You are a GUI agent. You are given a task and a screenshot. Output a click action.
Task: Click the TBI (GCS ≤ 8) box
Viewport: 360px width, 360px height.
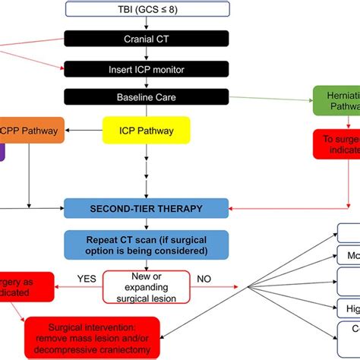pyautogui.click(x=146, y=9)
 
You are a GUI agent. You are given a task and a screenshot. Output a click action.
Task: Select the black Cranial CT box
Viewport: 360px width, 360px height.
pyautogui.click(x=146, y=38)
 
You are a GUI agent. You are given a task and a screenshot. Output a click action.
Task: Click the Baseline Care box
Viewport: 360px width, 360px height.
pyautogui.click(x=146, y=97)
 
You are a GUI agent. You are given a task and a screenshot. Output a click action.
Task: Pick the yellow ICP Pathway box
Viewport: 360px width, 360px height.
pyautogui.click(x=146, y=131)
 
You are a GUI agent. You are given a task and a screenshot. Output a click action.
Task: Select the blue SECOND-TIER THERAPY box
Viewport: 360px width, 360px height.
pyautogui.click(x=146, y=207)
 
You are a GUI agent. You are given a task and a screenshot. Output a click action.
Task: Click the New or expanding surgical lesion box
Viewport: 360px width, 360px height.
pyautogui.click(x=146, y=286)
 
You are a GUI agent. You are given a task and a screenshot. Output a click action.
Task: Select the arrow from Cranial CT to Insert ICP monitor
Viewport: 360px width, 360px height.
pyautogui.click(x=146, y=52)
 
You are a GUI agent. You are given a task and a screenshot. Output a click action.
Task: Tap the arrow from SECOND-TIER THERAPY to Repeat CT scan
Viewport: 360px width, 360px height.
pyautogui.click(x=146, y=223)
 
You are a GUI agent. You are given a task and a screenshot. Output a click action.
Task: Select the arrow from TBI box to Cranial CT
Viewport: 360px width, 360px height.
pyautogui.click(x=146, y=24)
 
